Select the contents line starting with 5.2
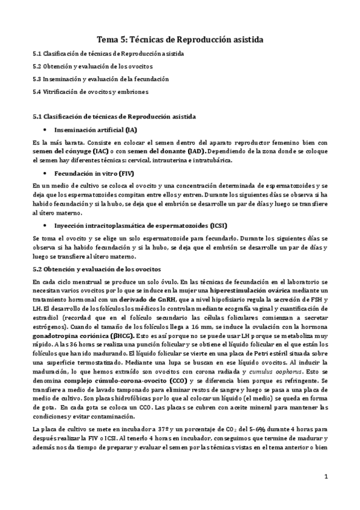[94, 66]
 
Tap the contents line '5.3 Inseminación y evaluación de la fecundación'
[100, 79]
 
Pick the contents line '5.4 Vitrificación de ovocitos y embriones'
[90, 91]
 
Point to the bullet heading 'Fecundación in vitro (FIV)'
[94, 173]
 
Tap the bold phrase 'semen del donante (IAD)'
[169, 152]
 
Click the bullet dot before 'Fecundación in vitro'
[46, 173]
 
